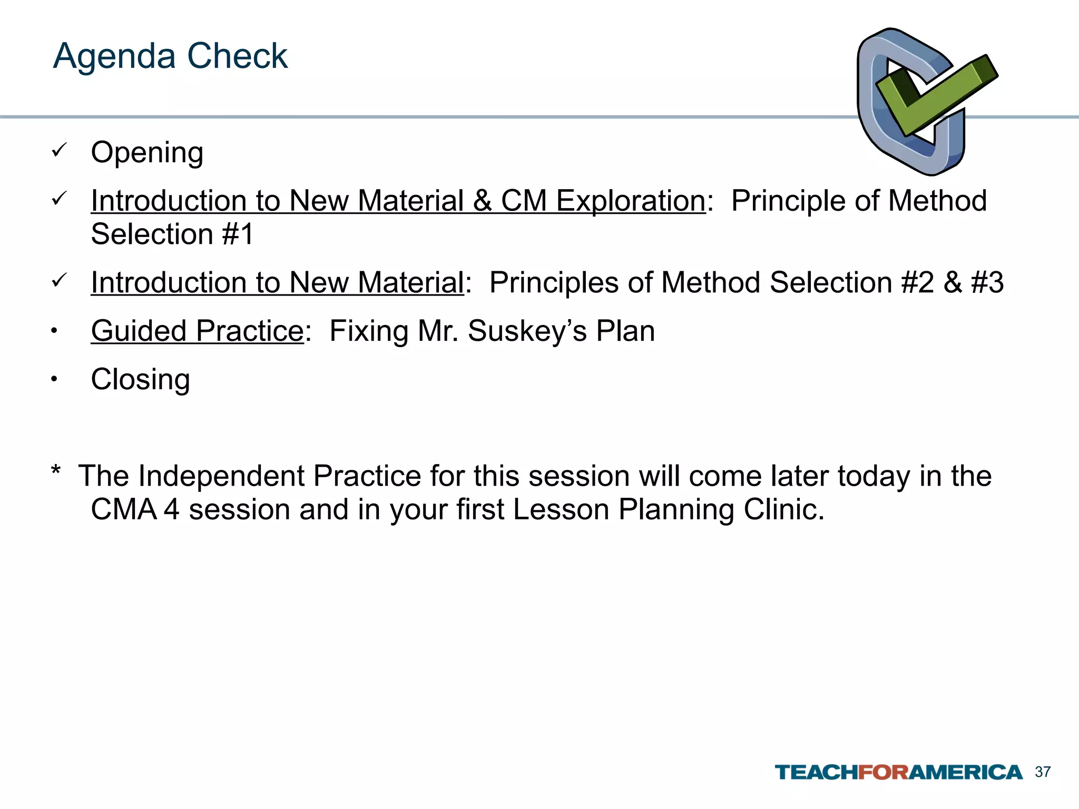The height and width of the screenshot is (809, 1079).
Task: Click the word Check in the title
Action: pos(237,56)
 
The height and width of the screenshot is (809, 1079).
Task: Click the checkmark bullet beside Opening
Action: pos(58,151)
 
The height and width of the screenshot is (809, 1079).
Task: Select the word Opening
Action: pos(147,153)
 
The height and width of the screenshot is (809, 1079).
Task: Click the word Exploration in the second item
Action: pos(631,201)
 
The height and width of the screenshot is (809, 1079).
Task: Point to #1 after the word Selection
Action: pos(238,234)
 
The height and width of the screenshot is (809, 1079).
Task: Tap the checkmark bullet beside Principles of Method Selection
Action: pos(58,280)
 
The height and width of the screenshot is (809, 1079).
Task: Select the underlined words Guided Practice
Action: pos(197,331)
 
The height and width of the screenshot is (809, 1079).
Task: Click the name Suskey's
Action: pos(527,331)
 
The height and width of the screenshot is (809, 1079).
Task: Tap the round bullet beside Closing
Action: pos(54,379)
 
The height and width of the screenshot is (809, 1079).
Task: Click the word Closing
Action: pos(140,380)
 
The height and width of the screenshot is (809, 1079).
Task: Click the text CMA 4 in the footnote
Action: pos(135,510)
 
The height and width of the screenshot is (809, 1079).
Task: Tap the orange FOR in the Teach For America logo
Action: pos(884,773)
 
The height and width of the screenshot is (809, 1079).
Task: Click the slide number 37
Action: pos(1043,772)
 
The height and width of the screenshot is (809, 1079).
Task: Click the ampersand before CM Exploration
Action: pos(483,201)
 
